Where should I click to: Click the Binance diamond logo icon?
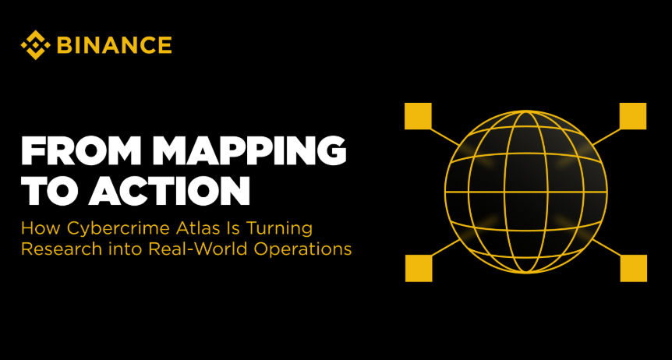35,45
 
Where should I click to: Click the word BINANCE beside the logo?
115,45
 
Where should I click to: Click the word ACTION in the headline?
169,191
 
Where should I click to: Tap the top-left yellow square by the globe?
418,116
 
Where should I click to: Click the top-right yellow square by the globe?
633,116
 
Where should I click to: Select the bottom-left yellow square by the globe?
419,268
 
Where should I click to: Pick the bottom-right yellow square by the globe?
634,268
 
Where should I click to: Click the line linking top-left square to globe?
445,136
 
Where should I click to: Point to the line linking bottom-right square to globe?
607,248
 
